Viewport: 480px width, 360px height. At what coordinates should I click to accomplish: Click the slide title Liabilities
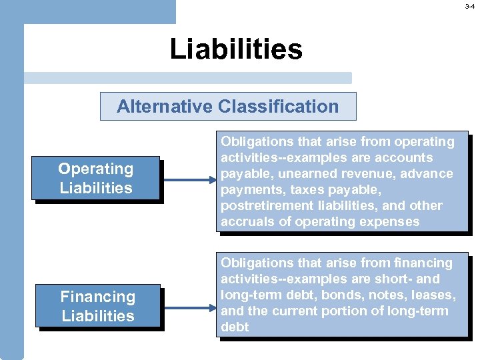(x=236, y=49)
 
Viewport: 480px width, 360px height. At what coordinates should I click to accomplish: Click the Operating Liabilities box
(x=95, y=179)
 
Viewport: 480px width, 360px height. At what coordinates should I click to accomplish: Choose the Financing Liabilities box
(x=98, y=307)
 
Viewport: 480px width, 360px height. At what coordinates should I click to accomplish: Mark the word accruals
(x=246, y=222)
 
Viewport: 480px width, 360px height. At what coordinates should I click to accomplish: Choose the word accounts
(x=409, y=158)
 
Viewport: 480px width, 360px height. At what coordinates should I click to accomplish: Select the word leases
(x=434, y=295)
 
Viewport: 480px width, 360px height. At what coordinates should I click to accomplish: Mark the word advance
(x=427, y=174)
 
